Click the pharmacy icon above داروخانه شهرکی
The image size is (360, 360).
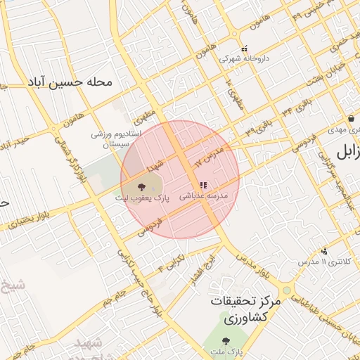click(x=244, y=49)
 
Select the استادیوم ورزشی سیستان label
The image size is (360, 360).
click(x=117, y=139)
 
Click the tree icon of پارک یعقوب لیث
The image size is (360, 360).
click(x=142, y=187)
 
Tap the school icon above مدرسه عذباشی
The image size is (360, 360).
click(x=202, y=186)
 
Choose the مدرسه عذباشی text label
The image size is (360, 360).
click(x=205, y=196)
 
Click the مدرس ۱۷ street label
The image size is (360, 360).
click(x=210, y=155)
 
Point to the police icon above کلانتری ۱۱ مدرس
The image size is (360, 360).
click(x=324, y=251)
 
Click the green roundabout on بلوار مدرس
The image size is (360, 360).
click(x=286, y=290)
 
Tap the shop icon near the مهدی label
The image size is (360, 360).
click(x=350, y=120)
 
